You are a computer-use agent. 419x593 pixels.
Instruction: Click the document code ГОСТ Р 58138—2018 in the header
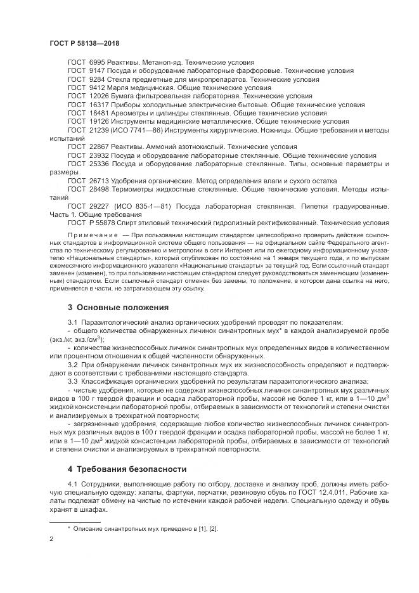(x=84, y=42)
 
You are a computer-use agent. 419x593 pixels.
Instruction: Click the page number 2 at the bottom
(x=51, y=538)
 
